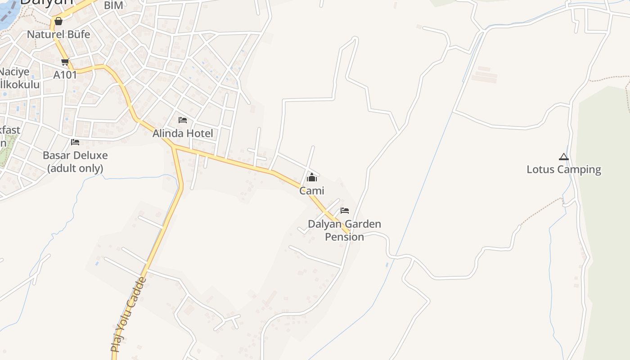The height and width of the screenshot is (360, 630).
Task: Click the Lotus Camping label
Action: point(564,170)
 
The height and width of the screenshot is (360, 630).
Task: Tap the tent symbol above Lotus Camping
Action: point(564,157)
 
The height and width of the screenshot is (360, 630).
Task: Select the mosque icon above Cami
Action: point(311,178)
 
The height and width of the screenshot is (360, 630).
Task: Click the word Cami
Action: point(311,191)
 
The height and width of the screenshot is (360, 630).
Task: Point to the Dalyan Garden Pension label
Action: point(344,230)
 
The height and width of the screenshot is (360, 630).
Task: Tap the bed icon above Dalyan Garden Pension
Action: point(345,210)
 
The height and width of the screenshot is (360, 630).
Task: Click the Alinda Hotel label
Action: point(183,134)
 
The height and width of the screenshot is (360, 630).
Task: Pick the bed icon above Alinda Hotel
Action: point(183,120)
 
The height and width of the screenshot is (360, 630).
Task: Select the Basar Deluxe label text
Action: point(75,156)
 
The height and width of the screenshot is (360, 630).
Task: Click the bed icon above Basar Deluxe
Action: point(75,142)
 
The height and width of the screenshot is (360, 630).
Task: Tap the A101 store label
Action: point(65,75)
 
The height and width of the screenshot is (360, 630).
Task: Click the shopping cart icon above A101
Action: point(65,62)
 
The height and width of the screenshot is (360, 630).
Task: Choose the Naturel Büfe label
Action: point(58,35)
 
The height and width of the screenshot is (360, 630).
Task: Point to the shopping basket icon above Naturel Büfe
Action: point(58,21)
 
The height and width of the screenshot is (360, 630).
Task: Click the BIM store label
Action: point(113,5)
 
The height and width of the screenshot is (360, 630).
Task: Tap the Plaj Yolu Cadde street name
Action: point(129,315)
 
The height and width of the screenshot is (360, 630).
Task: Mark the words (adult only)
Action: point(75,168)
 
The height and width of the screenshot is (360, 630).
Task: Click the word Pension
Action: point(344,237)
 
